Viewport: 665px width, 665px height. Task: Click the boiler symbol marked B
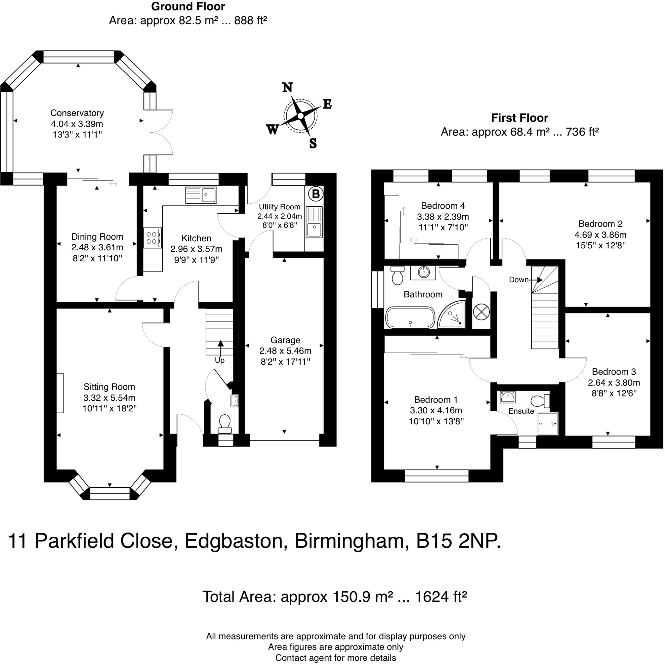click(x=315, y=194)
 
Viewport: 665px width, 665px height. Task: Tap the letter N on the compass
click(x=287, y=87)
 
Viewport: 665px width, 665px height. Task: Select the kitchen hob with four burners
click(x=152, y=237)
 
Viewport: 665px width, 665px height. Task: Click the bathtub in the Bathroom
click(x=410, y=317)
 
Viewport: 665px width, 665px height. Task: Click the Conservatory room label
click(x=77, y=113)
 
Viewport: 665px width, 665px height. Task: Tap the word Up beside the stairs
click(x=220, y=360)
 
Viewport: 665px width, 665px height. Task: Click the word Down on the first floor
click(x=518, y=280)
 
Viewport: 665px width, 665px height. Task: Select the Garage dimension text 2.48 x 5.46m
click(x=285, y=351)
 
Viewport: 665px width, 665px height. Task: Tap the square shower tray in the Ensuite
click(x=547, y=424)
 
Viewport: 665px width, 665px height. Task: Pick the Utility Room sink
click(x=314, y=222)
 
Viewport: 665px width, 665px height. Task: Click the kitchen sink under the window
click(x=201, y=195)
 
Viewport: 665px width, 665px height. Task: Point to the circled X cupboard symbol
click(x=481, y=312)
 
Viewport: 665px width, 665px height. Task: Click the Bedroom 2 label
click(x=600, y=224)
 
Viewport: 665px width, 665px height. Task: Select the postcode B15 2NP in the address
click(x=458, y=540)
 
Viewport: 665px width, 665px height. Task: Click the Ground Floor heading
click(x=188, y=6)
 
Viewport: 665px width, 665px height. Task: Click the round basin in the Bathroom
click(x=424, y=272)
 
